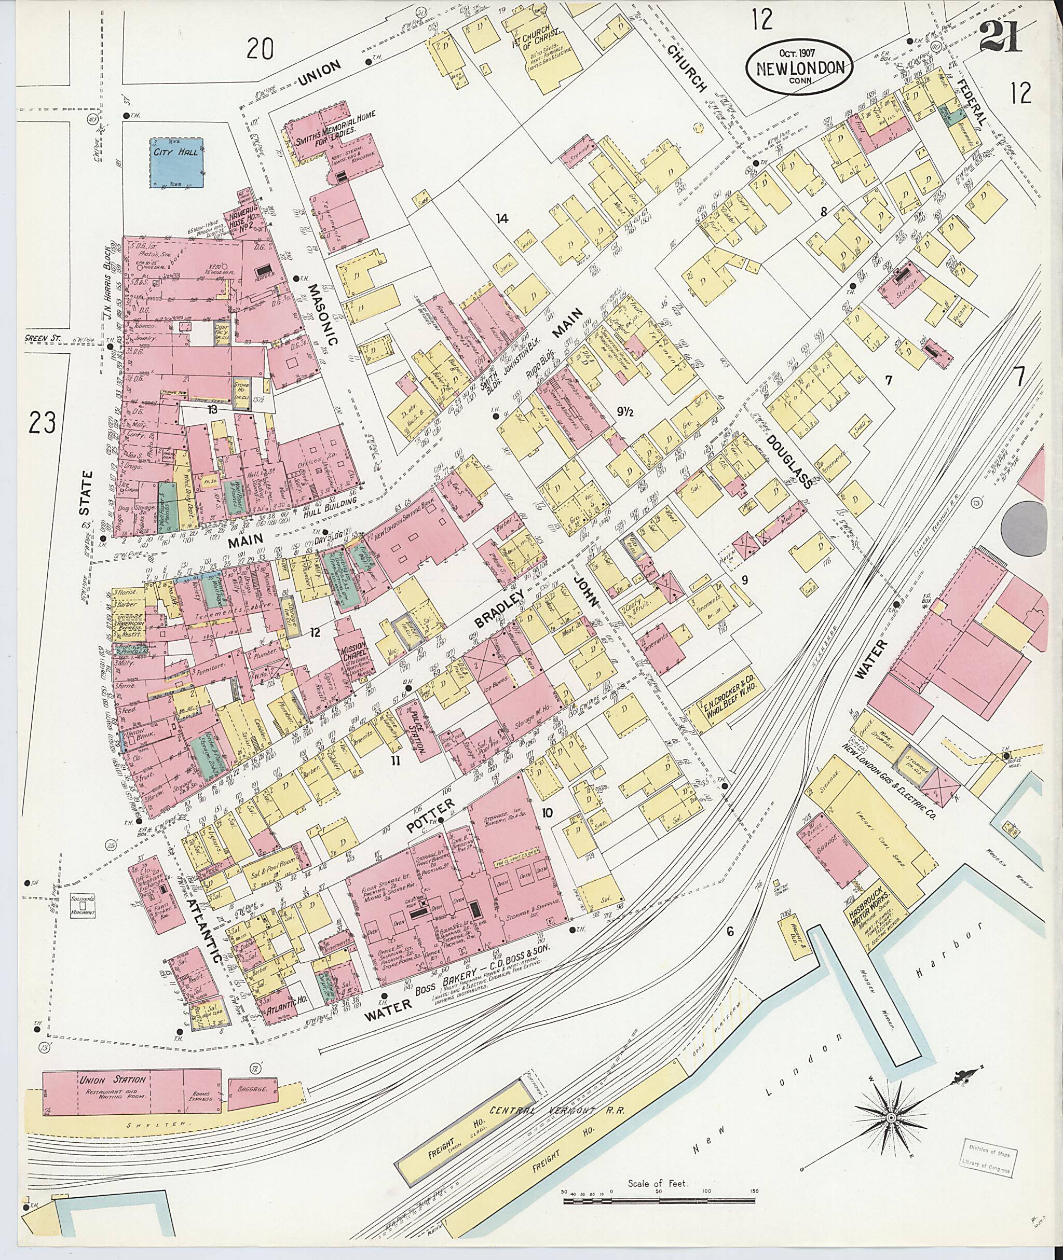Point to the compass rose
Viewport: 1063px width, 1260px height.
(x=891, y=1117)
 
